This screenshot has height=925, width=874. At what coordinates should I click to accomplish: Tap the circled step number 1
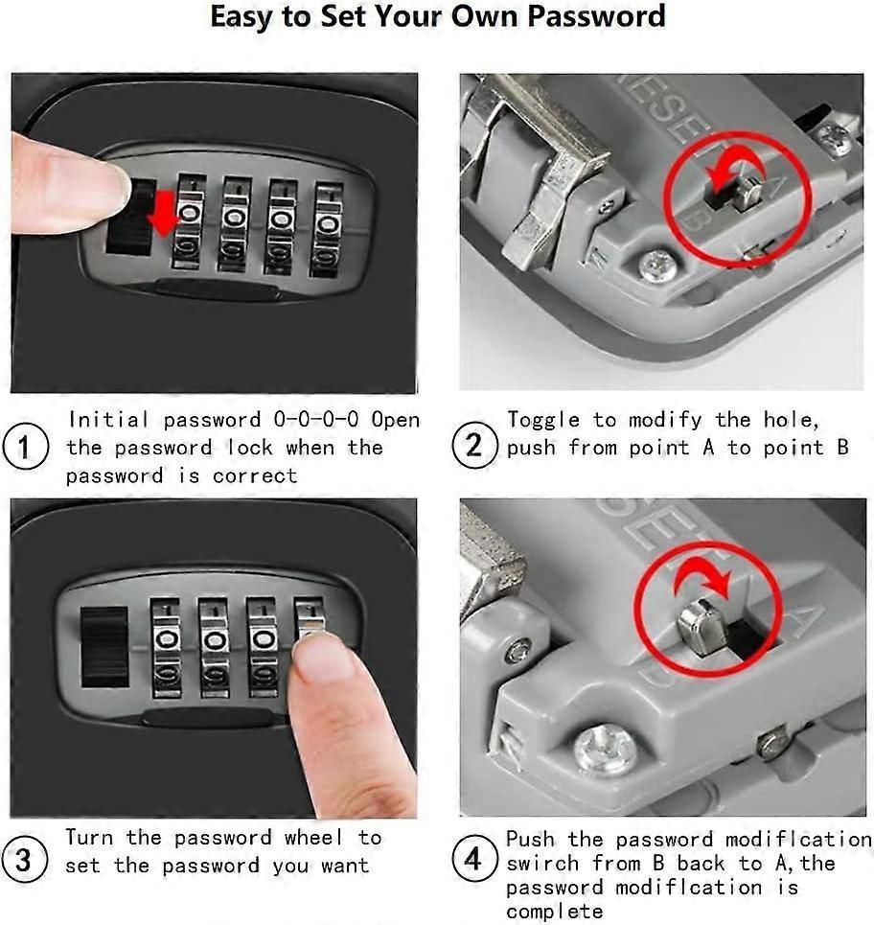24,448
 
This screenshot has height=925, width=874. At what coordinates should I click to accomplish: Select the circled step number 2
473,447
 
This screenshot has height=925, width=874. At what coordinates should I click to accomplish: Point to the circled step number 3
24,860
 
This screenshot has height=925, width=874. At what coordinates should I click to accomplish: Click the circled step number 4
473,860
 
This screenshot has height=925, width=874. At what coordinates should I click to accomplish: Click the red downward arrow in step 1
164,211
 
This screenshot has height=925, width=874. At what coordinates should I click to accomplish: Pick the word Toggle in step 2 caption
543,420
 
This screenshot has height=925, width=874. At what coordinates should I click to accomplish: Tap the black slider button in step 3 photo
104,647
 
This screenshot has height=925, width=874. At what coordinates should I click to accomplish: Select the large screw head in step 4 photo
605,750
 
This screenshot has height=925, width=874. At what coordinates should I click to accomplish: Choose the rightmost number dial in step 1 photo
327,228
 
